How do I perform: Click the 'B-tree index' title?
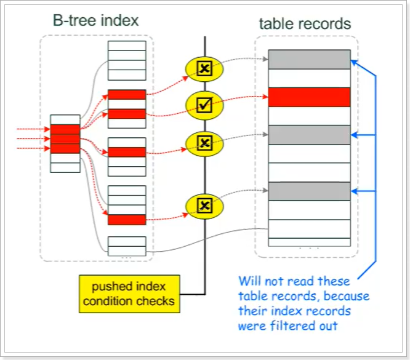95,20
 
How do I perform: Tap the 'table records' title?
305,24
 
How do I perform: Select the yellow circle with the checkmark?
204,105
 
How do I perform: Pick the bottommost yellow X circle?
204,204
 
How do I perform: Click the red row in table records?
309,97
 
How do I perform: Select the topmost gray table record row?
309,59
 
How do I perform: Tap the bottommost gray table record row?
309,191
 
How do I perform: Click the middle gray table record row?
309,135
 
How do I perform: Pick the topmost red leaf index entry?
127,94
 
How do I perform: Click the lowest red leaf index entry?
127,219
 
